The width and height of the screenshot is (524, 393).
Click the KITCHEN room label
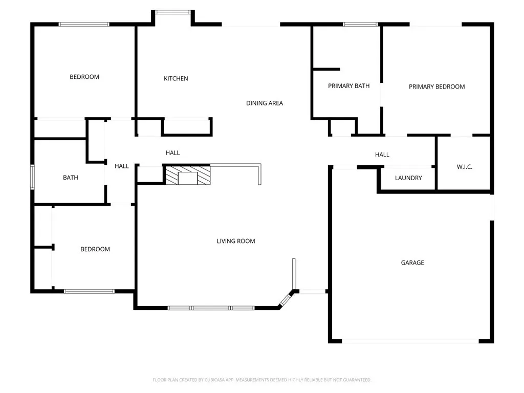tap(176, 78)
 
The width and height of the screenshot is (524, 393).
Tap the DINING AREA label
tap(265, 103)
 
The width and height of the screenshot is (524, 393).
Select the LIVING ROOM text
tap(235, 241)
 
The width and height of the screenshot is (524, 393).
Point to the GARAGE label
tap(412, 263)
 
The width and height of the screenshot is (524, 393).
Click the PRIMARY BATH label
tap(348, 86)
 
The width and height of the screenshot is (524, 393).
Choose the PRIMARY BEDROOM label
tap(437, 86)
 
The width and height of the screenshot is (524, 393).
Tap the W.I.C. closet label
tap(465, 167)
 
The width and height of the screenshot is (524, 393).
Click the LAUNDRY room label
tap(408, 178)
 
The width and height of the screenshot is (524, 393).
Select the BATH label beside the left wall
tap(71, 178)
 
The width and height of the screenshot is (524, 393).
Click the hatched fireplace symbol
tap(188, 175)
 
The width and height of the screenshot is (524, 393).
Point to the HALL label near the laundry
tap(382, 155)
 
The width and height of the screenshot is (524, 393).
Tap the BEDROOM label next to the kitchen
tap(84, 77)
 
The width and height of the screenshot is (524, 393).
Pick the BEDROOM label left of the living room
tap(95, 249)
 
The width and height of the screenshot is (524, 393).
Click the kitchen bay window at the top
tap(173, 12)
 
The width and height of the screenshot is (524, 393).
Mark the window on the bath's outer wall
tap(32, 177)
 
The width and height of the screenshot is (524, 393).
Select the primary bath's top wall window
tap(361, 24)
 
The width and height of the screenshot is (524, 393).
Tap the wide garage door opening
tap(410, 341)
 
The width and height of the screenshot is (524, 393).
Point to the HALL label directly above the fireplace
tap(173, 152)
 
